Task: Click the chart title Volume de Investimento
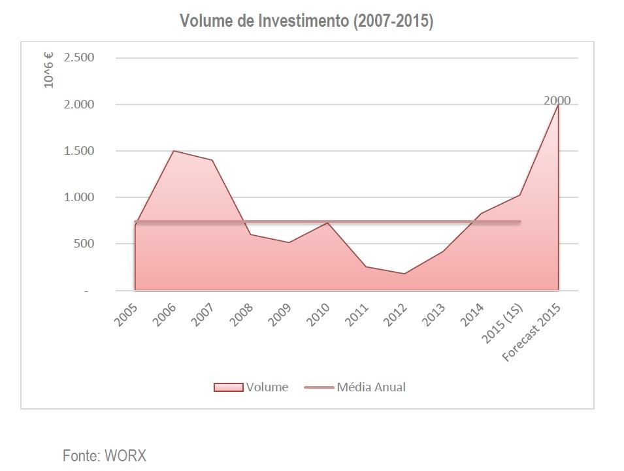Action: tap(306, 22)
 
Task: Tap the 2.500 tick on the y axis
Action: tap(79, 57)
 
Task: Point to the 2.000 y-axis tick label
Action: tap(79, 105)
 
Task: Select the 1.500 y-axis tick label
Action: tap(79, 151)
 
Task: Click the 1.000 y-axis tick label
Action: tap(79, 197)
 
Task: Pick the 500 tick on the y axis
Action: tap(84, 244)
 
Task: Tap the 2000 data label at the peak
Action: tap(557, 101)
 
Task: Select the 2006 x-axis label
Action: tap(164, 314)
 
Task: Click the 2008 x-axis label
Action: tap(242, 314)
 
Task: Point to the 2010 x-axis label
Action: tap(318, 314)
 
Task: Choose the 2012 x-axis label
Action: tap(395, 314)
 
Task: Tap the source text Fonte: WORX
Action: tap(105, 455)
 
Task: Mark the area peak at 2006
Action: tap(174, 151)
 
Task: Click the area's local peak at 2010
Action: tap(328, 223)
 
